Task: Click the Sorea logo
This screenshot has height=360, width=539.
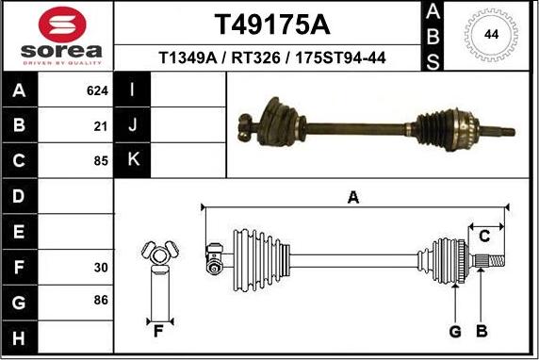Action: (x=58, y=36)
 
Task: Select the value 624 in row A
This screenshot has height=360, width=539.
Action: (x=97, y=92)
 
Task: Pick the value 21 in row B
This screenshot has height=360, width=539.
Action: (x=101, y=125)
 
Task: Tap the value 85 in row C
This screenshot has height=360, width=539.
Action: (x=101, y=160)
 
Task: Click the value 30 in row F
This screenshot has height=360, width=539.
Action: (x=101, y=267)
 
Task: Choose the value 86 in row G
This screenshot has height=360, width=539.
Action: (x=101, y=301)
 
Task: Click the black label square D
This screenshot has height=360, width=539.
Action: (x=20, y=196)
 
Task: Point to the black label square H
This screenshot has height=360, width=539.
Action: (x=20, y=336)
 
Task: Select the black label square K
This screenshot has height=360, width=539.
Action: (x=133, y=160)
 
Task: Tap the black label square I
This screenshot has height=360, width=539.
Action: (x=133, y=91)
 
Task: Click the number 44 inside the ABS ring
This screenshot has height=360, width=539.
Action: (x=491, y=35)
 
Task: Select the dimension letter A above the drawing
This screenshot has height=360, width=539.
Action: (x=353, y=197)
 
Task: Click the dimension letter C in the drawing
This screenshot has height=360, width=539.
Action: (x=484, y=236)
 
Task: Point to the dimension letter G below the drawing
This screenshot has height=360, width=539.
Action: (x=455, y=331)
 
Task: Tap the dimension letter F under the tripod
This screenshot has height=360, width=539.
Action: (x=158, y=331)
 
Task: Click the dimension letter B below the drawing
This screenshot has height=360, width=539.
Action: (x=481, y=331)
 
